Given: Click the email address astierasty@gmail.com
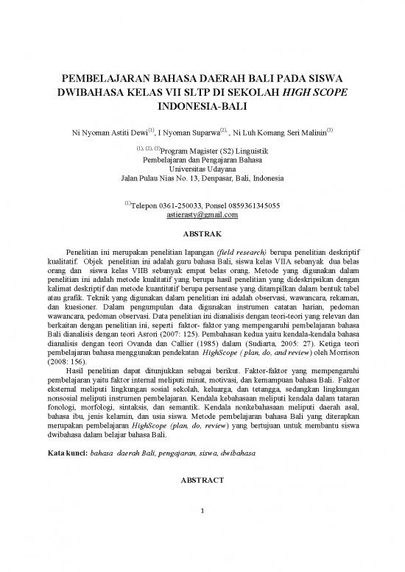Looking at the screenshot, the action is (x=202, y=216).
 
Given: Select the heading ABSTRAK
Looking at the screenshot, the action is (x=202, y=236).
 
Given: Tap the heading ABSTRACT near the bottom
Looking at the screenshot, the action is (x=202, y=479).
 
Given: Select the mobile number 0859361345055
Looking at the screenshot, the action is (x=257, y=205).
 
